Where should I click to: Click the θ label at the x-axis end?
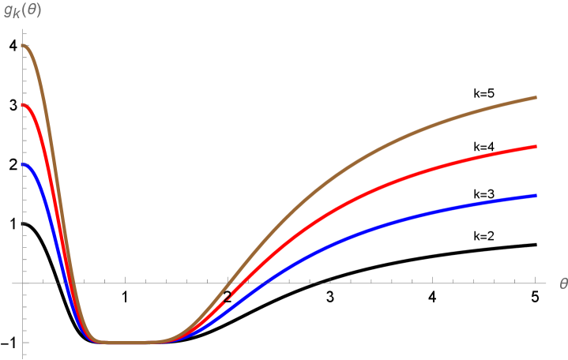(x=562, y=283)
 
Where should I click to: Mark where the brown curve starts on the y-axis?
(x=24, y=45)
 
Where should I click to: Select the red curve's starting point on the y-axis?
(x=24, y=104)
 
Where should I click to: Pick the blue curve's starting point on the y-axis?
(x=24, y=164)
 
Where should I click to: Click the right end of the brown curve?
(x=536, y=97)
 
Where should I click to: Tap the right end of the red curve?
(x=536, y=146)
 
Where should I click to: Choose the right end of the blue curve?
(x=536, y=195)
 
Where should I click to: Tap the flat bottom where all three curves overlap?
(x=126, y=343)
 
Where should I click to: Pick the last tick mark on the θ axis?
(x=536, y=281)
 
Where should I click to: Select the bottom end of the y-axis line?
(x=24, y=358)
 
